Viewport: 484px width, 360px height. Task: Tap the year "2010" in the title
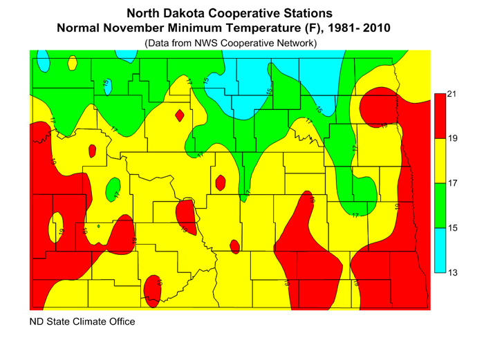coord(375,28)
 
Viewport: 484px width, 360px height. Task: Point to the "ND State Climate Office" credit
coord(82,322)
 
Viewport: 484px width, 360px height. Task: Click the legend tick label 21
coord(453,94)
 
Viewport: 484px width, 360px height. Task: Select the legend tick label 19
coord(453,139)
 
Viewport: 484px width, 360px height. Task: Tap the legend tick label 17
coord(453,184)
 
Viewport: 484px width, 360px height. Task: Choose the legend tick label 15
coord(453,228)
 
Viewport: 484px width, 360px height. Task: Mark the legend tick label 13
coord(453,273)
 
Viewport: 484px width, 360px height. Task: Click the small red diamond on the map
coord(180,115)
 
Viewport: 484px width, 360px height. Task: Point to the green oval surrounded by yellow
coord(113,187)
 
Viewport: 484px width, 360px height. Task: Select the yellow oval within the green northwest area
coord(72,63)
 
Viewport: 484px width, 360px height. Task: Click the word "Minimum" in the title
coord(227,28)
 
